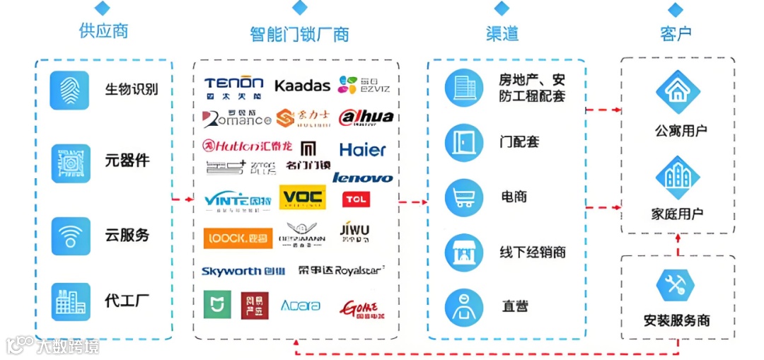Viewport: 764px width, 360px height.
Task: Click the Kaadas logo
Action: pyautogui.click(x=302, y=86)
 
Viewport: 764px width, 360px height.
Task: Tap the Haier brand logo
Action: pyautogui.click(x=363, y=150)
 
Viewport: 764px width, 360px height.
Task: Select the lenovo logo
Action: pyautogui.click(x=362, y=178)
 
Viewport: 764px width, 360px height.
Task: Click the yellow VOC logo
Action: pyautogui.click(x=302, y=197)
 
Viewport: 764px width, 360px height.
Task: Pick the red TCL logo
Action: pyautogui.click(x=357, y=199)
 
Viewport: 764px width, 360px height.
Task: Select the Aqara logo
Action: pyautogui.click(x=301, y=306)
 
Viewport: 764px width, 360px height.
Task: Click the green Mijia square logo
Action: pyautogui.click(x=217, y=305)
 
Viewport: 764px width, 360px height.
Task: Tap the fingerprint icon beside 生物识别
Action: pyautogui.click(x=70, y=90)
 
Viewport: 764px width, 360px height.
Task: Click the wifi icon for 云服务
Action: pyautogui.click(x=70, y=236)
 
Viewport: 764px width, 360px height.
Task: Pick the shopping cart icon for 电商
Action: pyautogui.click(x=464, y=197)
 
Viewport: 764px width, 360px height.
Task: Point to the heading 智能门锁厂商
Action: pyautogui.click(x=299, y=34)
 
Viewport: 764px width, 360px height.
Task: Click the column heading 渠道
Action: pyautogui.click(x=502, y=33)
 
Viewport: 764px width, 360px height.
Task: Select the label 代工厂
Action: pyautogui.click(x=127, y=301)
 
